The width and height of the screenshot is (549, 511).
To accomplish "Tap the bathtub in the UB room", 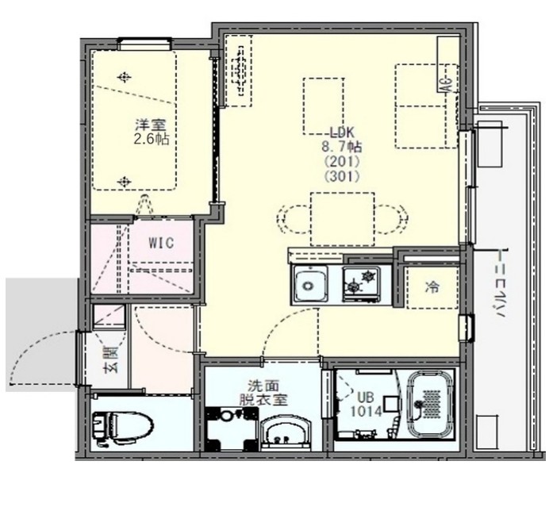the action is (432, 404).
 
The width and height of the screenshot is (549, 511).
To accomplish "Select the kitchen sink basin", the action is (310, 285).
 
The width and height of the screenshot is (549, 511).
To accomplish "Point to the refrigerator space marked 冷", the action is (432, 287).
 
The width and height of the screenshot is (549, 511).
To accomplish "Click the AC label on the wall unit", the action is (447, 84).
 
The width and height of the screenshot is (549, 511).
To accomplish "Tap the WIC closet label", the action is (161, 242).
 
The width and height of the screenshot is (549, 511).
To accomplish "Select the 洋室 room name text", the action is (151, 125).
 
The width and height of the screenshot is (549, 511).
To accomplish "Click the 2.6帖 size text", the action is (152, 140).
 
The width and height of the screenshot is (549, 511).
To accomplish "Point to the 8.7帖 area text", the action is (342, 147).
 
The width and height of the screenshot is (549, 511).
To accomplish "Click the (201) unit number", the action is (342, 161).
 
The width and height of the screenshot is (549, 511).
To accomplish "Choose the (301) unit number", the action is (342, 176).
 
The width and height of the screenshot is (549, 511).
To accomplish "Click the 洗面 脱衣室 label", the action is (263, 393).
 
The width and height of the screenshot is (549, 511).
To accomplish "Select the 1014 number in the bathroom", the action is (367, 411).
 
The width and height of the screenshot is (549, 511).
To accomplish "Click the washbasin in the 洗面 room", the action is (286, 432).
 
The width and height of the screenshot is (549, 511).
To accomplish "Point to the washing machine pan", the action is (231, 429).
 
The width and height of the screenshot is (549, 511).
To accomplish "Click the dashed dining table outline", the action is (343, 219).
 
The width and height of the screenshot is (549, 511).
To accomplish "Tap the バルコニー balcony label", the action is (501, 283).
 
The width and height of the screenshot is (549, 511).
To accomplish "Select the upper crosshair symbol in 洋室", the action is (124, 77).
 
